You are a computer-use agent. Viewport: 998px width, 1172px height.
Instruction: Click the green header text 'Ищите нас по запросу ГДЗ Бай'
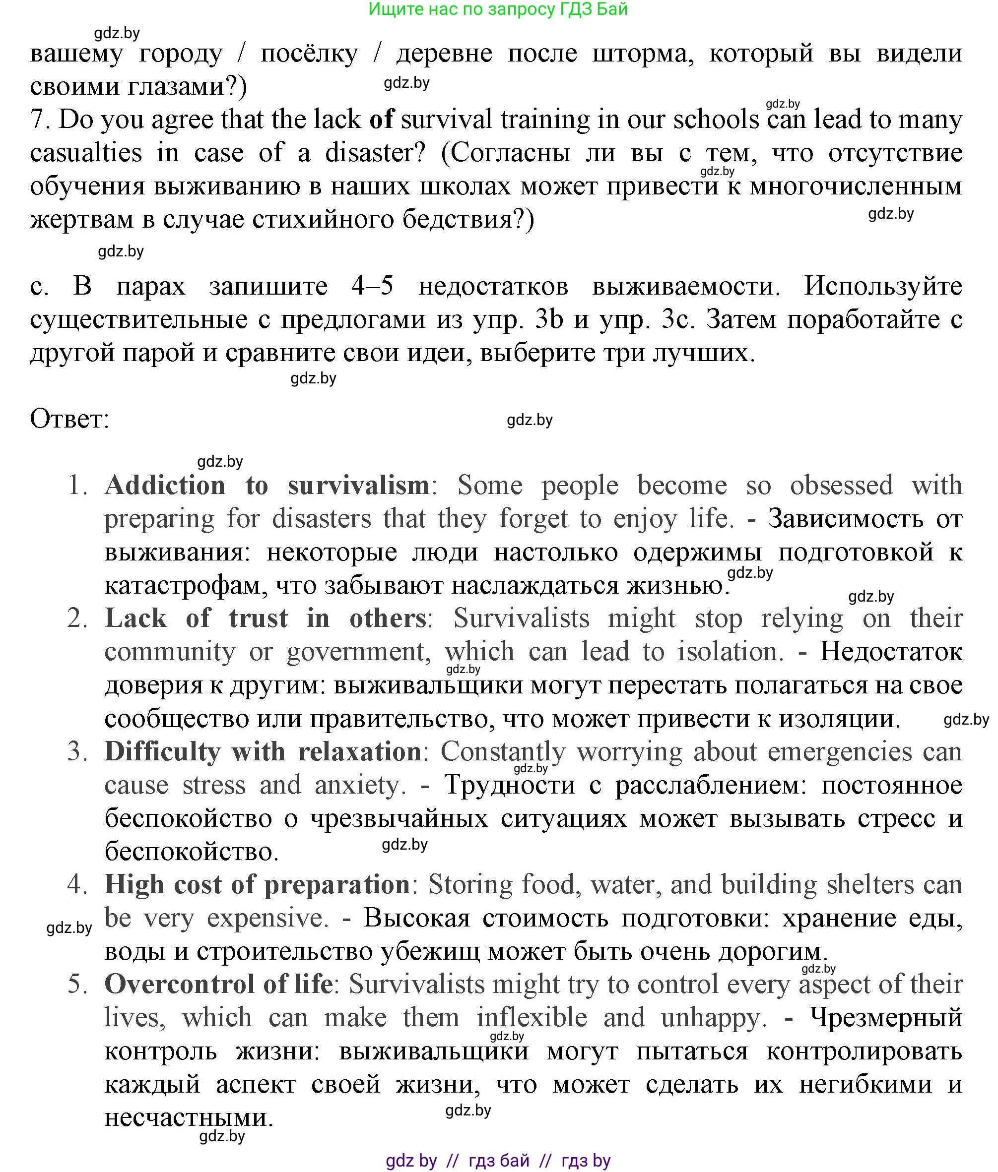[498, 9]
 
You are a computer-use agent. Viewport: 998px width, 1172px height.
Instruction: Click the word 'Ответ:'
[69, 420]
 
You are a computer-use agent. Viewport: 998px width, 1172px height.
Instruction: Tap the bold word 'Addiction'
[165, 486]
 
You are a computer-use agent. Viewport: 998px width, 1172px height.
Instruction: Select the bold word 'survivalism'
[358, 486]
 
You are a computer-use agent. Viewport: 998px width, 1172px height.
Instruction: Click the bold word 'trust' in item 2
[258, 618]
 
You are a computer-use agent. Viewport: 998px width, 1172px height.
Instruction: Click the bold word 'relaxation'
[359, 752]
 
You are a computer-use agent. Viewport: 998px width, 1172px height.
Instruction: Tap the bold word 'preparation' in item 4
[336, 885]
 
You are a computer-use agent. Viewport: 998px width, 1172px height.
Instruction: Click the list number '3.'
[77, 752]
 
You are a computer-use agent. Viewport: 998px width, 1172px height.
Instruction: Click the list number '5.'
[77, 985]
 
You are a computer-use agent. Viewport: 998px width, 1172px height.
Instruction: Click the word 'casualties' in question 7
[85, 153]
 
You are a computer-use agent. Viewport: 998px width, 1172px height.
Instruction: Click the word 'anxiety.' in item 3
[360, 785]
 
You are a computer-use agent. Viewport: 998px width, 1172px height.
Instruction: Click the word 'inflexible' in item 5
[532, 1018]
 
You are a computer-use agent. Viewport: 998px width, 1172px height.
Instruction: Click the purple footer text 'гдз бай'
[499, 1161]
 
